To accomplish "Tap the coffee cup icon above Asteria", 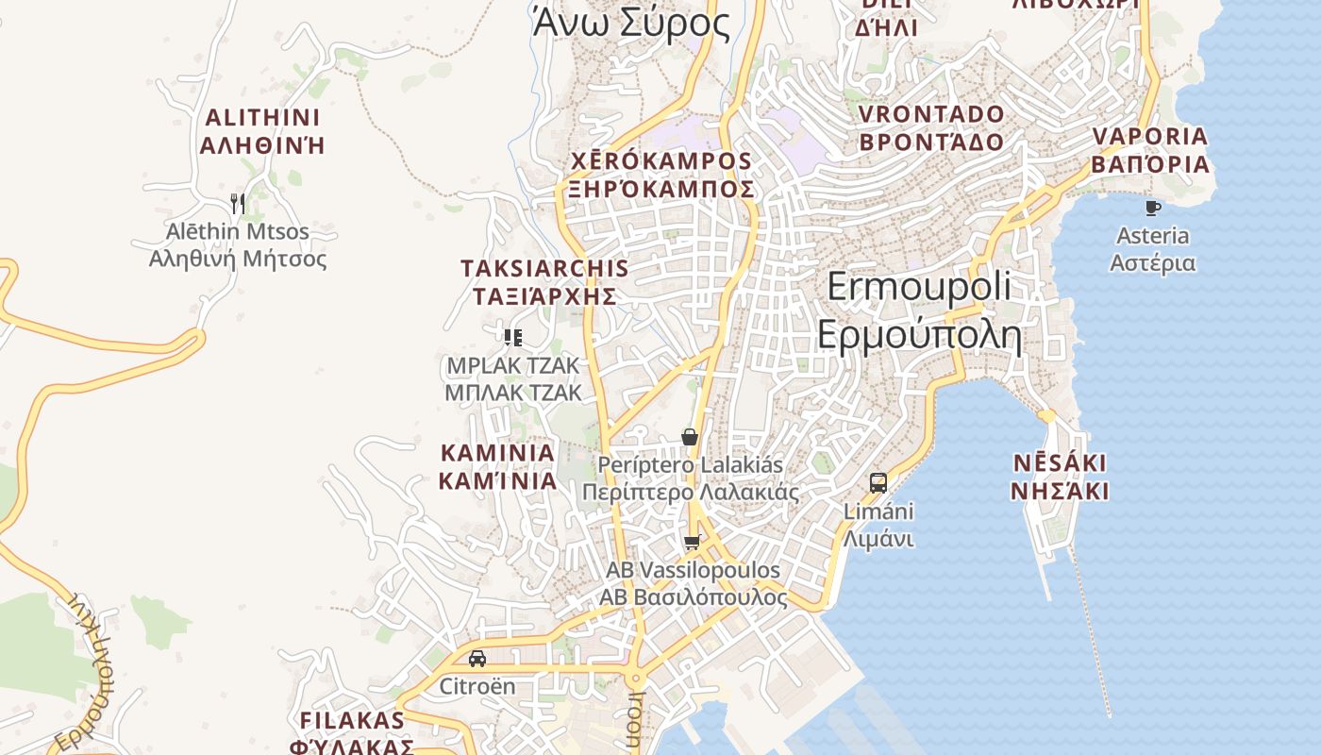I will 1152,207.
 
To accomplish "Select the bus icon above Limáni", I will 878,483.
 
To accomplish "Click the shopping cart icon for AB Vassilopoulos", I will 693,542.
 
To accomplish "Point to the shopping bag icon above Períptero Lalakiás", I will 690,437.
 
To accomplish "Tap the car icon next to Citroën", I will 477,658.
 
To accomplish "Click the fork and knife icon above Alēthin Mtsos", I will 238,203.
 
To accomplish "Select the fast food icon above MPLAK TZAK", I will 513,337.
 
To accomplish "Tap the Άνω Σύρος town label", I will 631,24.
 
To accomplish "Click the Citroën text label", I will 477,686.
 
